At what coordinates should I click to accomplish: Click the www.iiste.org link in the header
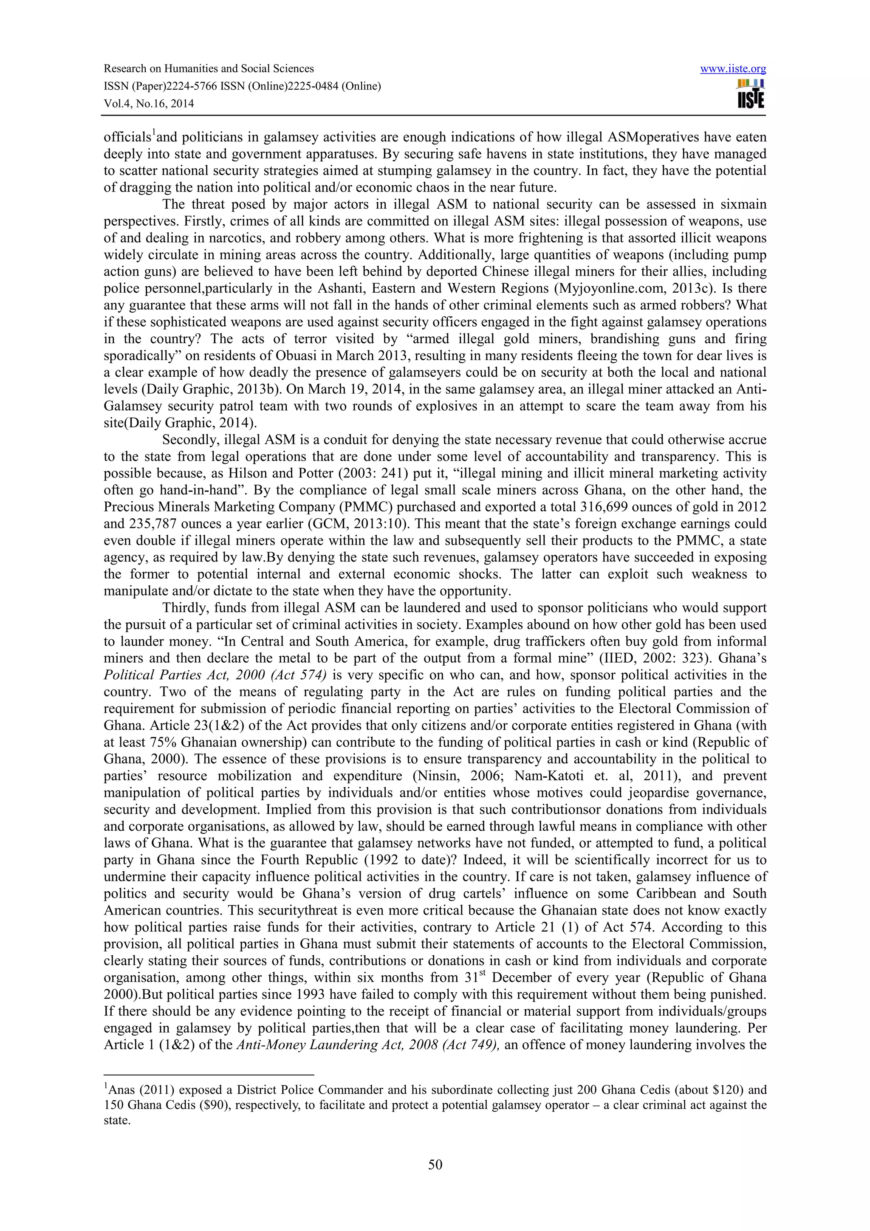pyautogui.click(x=733, y=69)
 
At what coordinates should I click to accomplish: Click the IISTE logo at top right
pyautogui.click(x=751, y=94)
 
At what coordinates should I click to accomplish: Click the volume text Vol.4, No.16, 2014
pyautogui.click(x=149, y=104)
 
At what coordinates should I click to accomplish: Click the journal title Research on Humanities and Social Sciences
pyautogui.click(x=209, y=69)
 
